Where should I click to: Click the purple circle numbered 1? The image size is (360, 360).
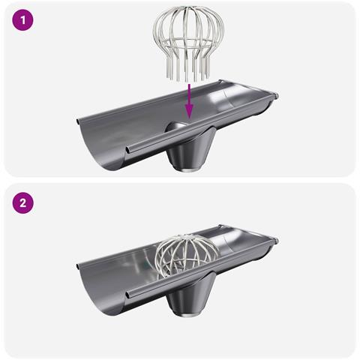[x=22, y=20]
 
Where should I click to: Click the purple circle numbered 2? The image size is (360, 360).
[x=22, y=202]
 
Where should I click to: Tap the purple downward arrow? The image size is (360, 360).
[x=190, y=101]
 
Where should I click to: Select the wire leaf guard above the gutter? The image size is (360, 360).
[x=189, y=44]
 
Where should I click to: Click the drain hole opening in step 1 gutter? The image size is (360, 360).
[x=178, y=127]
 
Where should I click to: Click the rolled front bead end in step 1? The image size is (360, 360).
[x=127, y=150]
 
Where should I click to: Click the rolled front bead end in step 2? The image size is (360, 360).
[x=127, y=295]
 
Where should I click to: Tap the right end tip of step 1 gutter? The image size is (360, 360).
[x=277, y=95]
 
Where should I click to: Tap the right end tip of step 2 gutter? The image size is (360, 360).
[x=277, y=241]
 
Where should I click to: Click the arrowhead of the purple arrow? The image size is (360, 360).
[x=190, y=111]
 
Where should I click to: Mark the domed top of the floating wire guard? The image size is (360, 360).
[x=189, y=21]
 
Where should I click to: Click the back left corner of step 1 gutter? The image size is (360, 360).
[x=78, y=121]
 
